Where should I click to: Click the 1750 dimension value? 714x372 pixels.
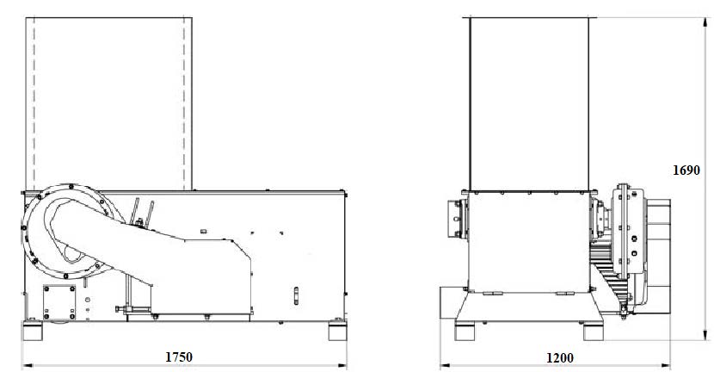coord(179,356)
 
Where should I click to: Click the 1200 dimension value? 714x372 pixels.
coord(560,358)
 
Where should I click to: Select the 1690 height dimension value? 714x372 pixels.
coord(686,170)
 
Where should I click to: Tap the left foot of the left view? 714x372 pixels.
coord(33,331)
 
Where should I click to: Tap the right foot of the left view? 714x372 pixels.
coord(337,331)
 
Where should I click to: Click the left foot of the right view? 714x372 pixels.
coord(465,331)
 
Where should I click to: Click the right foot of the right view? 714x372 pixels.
coord(594,331)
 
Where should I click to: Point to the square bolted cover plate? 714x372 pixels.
coord(59,302)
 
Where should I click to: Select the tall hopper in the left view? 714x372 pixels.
coord(109,104)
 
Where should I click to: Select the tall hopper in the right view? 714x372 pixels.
coord(529,104)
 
